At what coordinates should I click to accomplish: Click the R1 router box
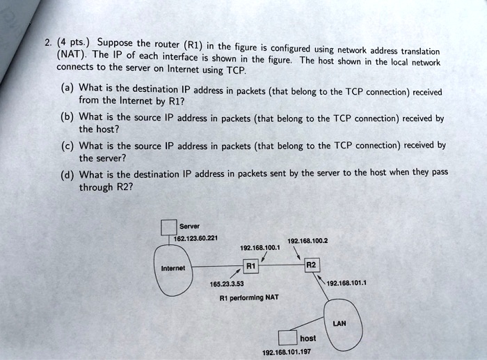tap(252, 265)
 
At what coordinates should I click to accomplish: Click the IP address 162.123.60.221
tap(198, 238)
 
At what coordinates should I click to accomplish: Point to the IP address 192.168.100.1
tap(260, 246)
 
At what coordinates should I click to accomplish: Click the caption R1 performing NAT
tap(248, 297)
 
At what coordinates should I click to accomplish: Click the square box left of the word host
tap(287, 338)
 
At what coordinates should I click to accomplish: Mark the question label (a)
tap(67, 88)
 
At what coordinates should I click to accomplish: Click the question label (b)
tap(67, 117)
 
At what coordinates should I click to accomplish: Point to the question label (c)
tap(67, 145)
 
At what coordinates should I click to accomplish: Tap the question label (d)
tap(67, 174)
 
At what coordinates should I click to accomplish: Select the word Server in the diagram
tap(189, 226)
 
